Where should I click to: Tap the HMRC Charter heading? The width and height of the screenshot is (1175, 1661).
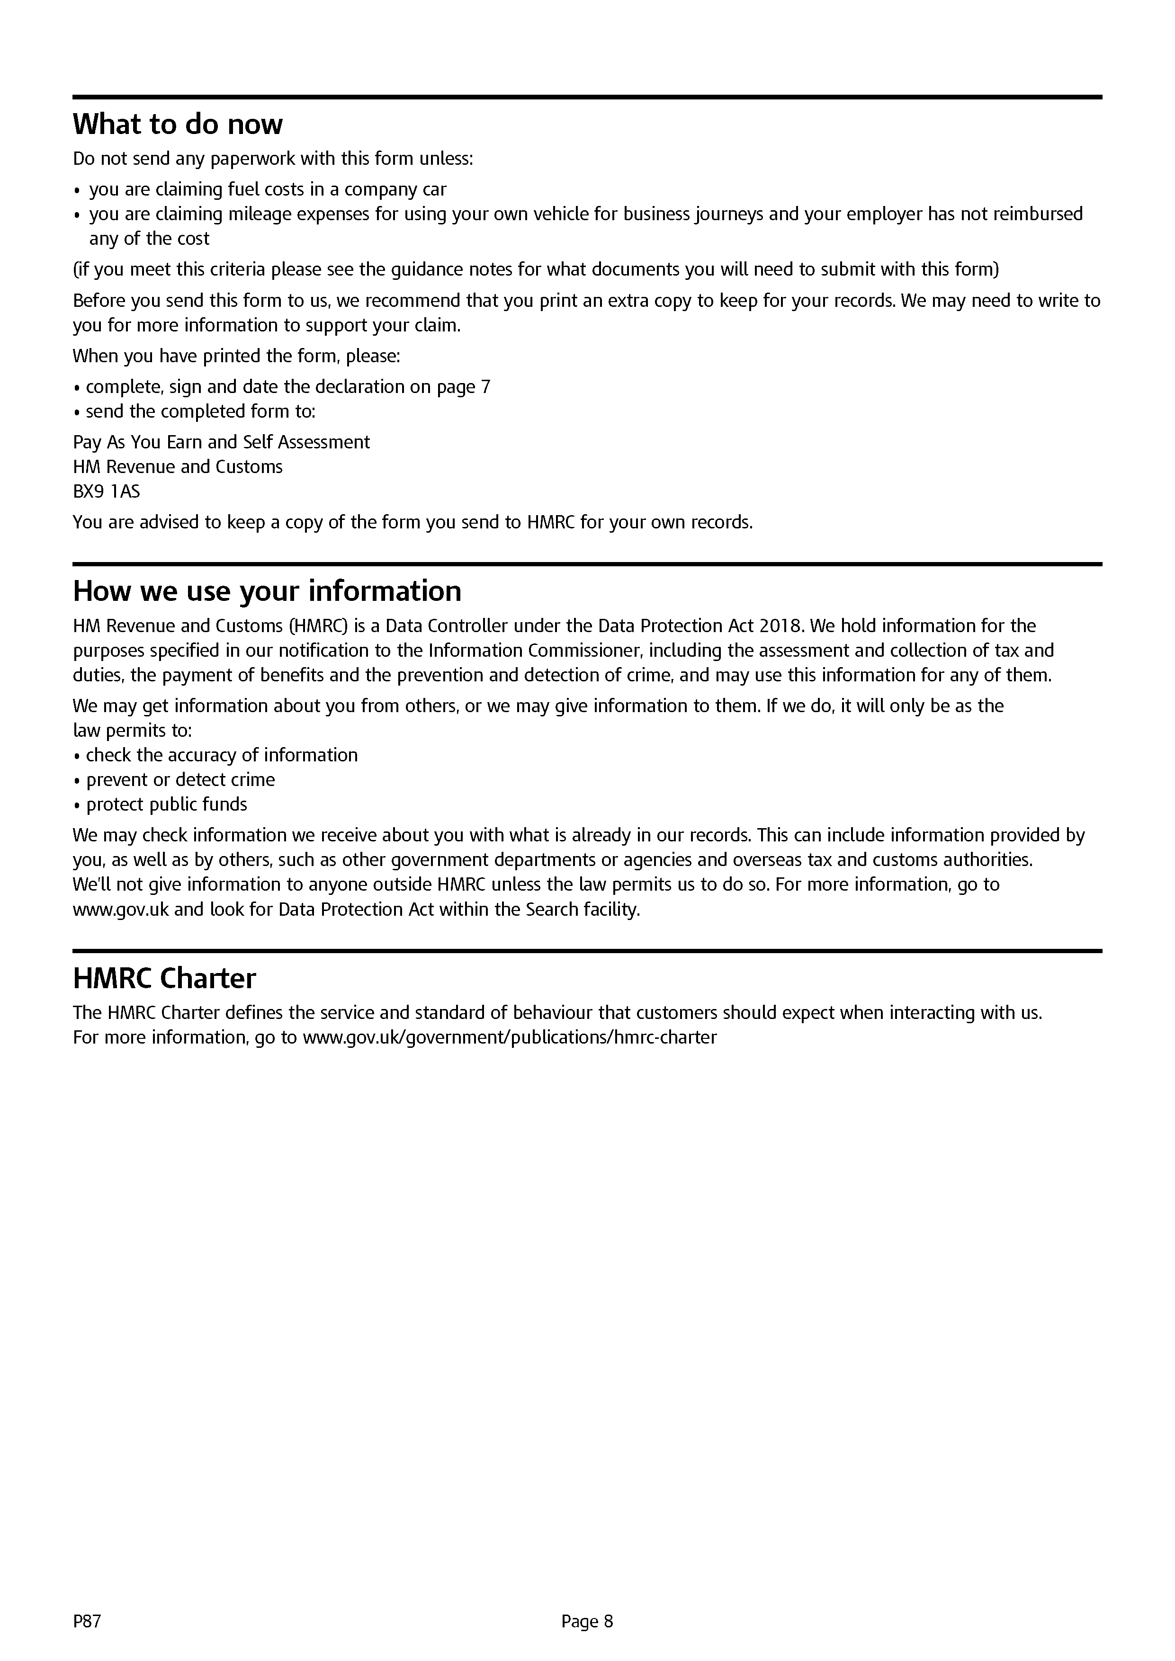[164, 978]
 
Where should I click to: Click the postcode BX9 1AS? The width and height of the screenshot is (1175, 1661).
[107, 492]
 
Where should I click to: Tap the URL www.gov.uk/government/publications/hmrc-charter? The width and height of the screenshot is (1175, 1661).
[510, 1037]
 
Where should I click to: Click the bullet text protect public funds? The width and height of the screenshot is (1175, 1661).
[166, 804]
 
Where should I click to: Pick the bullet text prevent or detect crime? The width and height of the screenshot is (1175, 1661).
[180, 780]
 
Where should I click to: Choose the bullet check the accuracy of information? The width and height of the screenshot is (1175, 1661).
[221, 755]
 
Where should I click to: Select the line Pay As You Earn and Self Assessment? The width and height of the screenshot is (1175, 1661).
[221, 442]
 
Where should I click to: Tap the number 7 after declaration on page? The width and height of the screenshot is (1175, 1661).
[485, 387]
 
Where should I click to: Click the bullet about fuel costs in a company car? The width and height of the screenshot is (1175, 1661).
[268, 189]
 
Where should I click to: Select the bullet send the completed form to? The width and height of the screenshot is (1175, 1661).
[200, 411]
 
